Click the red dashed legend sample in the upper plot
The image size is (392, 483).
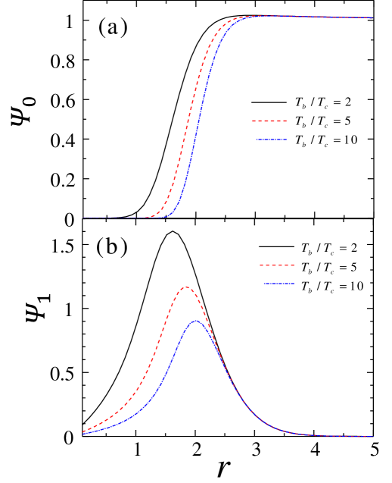pyautogui.click(x=269, y=121)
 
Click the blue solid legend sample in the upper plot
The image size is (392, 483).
pyautogui.click(x=271, y=140)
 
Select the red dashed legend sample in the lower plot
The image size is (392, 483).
pyautogui.click(x=277, y=265)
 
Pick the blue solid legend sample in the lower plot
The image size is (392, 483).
pyautogui.click(x=278, y=284)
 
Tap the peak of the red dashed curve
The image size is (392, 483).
pyautogui.click(x=185, y=287)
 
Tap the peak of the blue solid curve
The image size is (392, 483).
pyautogui.click(x=195, y=321)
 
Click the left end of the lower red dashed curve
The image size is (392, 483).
pyautogui.click(x=83, y=431)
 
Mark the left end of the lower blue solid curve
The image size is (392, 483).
pyautogui.click(x=83, y=434)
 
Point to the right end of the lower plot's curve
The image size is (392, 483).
pyautogui.click(x=372, y=437)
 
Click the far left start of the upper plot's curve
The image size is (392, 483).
pyautogui.click(x=83, y=218)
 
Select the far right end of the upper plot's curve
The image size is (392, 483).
pyautogui.click(x=372, y=17)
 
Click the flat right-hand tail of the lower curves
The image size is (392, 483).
pyautogui.click(x=333, y=436)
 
